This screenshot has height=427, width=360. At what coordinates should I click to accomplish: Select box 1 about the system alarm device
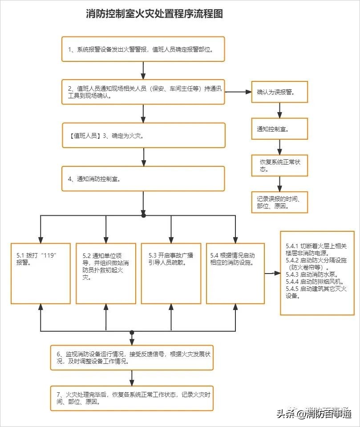143,49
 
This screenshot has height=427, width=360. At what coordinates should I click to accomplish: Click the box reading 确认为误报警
279,92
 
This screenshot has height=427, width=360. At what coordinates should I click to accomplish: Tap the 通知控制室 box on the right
279,129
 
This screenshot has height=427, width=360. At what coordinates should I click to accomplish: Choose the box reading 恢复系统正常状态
279,165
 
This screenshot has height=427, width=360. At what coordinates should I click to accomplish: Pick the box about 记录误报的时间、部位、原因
279,201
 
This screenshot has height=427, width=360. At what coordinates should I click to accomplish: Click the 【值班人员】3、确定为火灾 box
143,135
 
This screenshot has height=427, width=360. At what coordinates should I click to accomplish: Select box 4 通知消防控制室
143,179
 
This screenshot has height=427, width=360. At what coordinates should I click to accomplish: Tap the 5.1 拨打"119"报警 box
40,273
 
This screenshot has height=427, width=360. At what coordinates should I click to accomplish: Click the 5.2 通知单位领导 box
106,273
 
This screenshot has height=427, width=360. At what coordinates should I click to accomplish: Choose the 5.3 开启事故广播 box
171,273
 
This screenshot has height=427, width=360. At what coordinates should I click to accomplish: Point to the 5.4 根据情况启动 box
235,273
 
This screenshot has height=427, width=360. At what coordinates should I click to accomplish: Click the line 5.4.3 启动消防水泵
307,275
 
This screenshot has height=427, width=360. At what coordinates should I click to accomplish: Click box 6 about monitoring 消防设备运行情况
132,358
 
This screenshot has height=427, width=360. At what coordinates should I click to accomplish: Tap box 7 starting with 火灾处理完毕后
132,398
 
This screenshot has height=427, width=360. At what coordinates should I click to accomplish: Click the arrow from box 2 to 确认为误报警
238,92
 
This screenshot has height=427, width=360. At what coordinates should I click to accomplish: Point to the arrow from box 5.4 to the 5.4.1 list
272,273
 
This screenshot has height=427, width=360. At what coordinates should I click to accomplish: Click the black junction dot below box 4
143,215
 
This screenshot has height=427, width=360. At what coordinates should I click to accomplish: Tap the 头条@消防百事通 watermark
314,413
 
